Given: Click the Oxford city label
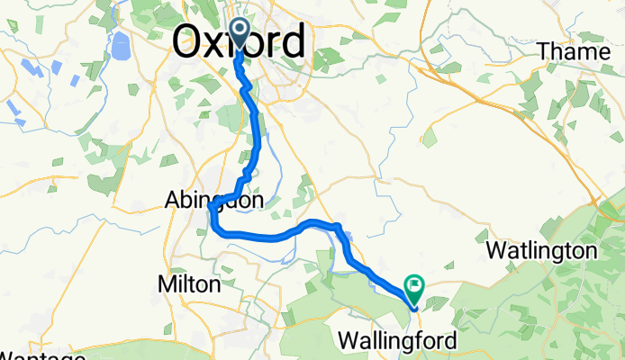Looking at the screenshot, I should tap(238, 43).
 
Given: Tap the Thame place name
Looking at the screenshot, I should tap(573, 52).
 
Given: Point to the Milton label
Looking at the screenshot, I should tap(189, 284).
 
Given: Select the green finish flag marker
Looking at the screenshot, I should tap(415, 288).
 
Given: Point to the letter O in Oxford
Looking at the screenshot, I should tap(186, 43).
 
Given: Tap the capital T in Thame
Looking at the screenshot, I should tap(544, 52).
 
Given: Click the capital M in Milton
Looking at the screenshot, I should tap(165, 284).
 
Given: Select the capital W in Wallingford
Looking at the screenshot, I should tap(348, 341).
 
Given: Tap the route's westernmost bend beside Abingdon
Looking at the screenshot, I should tap(210, 209).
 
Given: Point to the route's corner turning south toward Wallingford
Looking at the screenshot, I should tap(339, 226).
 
